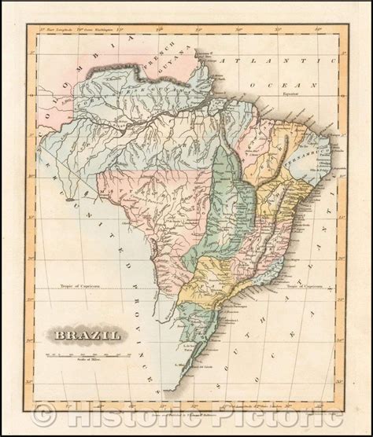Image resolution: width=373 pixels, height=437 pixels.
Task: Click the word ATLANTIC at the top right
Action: click(x=267, y=61)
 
